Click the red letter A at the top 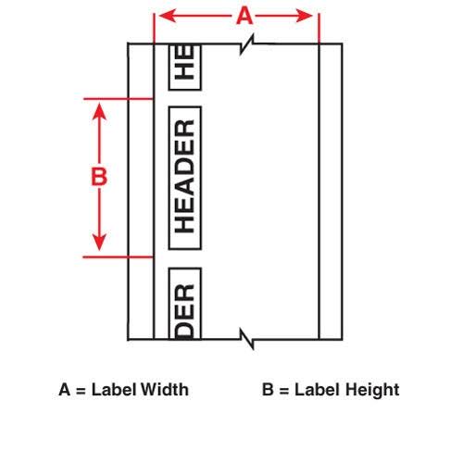point(244,16)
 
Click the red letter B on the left point(99,177)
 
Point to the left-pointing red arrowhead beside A point(169,16)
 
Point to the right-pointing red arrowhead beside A point(304,16)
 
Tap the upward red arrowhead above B point(99,111)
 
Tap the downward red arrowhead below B point(99,243)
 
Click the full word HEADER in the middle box point(184,176)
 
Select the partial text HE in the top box point(184,63)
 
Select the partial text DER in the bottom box point(184,311)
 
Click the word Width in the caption point(164,390)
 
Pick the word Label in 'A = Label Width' point(113,390)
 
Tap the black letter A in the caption point(65,390)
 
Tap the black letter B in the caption point(268,390)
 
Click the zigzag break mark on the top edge point(247,44)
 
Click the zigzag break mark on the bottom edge point(247,339)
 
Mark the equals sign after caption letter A point(81,391)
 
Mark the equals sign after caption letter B point(284,391)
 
